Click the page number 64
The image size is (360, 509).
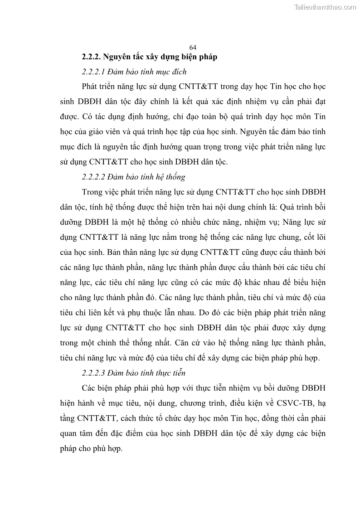click(x=192, y=48)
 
